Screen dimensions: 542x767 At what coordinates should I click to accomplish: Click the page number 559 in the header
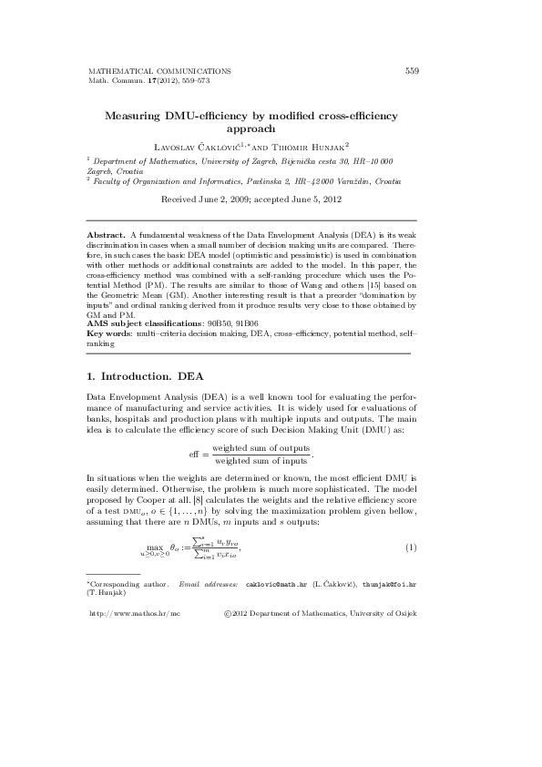(411, 70)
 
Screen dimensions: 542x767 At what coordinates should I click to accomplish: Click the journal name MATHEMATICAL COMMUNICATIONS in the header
(159, 70)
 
